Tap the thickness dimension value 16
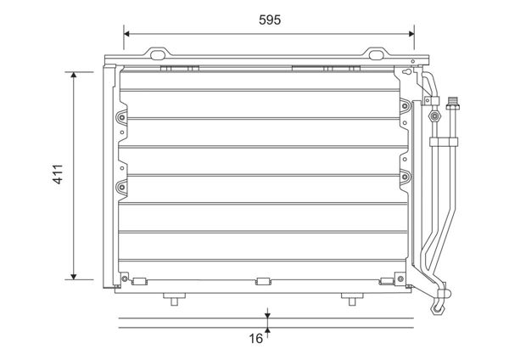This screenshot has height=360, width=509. [255, 339]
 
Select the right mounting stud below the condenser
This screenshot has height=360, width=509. [349, 298]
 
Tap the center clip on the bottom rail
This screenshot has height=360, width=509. [262, 280]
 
